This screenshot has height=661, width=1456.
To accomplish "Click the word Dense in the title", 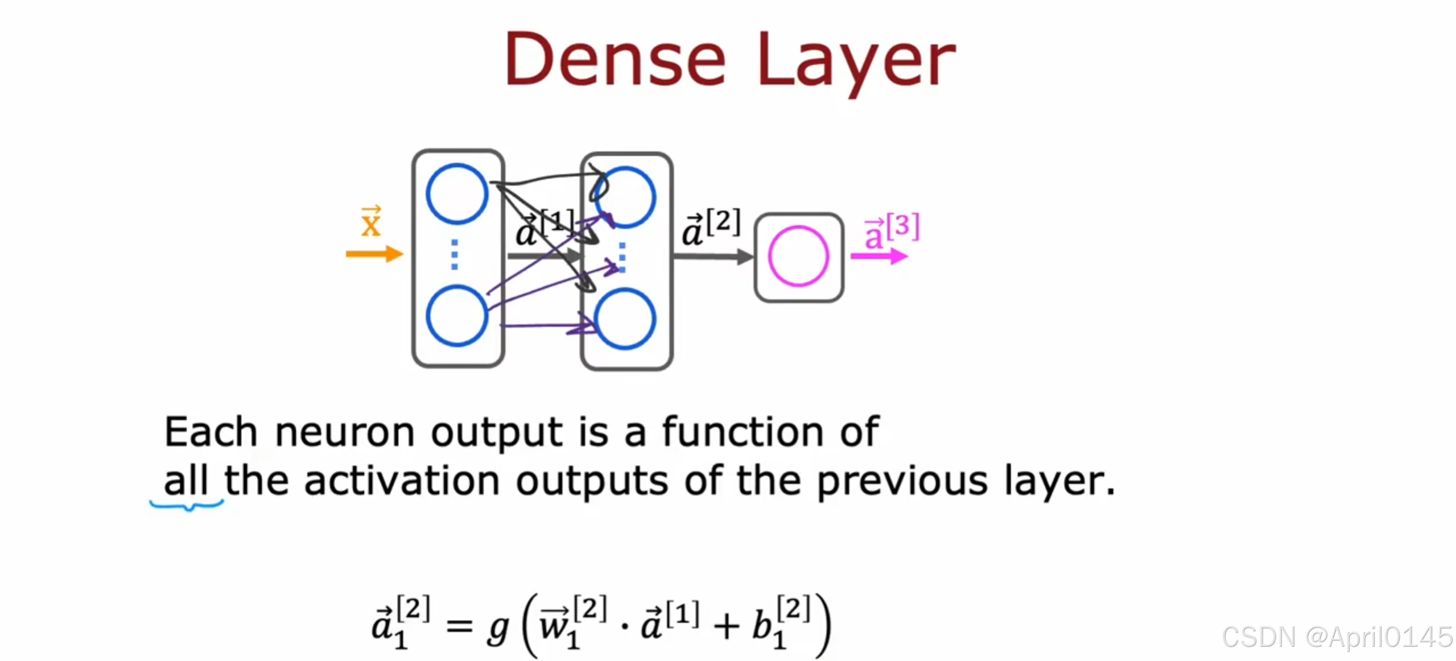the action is click(x=615, y=60).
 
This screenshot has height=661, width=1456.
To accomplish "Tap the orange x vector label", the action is click(x=371, y=222).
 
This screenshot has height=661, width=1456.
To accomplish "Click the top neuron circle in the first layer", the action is click(x=457, y=193).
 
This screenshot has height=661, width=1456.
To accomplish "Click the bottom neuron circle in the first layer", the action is click(x=457, y=316).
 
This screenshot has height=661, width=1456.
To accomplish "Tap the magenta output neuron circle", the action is click(x=798, y=256).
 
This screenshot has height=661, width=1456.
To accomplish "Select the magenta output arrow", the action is click(x=878, y=257).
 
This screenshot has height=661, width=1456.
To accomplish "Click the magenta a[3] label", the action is click(x=891, y=230).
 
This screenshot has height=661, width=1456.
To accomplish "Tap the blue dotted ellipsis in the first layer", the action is click(x=454, y=254).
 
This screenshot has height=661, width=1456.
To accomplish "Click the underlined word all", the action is click(x=185, y=481).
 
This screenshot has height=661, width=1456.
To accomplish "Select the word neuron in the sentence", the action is click(x=345, y=432).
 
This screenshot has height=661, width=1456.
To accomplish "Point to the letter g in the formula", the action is click(x=498, y=629).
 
